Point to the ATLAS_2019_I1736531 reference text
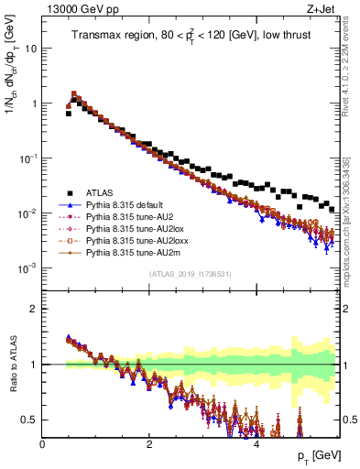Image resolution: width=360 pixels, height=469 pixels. coord(191,275)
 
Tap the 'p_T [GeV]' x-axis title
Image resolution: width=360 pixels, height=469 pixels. coord(318,456)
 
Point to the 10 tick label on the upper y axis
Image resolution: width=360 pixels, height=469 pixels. coord(30,49)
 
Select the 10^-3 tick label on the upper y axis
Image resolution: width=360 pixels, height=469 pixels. coord(28,268)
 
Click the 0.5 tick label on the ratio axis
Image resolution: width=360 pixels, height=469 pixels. coord(29,420)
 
